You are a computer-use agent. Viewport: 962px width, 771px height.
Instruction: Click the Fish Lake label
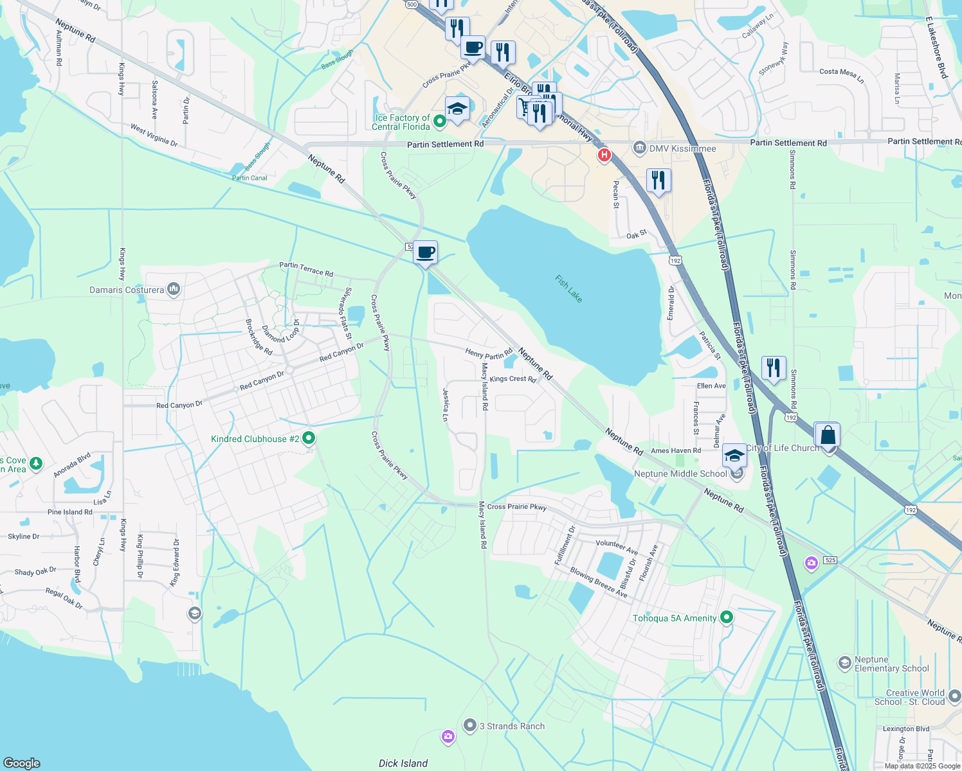click(569, 289)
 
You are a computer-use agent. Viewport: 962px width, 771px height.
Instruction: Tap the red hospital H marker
click(604, 155)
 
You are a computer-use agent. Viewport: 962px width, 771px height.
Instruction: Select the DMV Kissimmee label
click(682, 148)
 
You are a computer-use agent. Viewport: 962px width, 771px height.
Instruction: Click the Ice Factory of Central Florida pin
click(440, 120)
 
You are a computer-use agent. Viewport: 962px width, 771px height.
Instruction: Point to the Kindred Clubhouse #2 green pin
click(309, 438)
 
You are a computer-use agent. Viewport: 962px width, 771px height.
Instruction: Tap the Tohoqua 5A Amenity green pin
click(727, 617)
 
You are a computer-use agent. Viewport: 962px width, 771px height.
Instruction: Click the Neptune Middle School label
click(680, 474)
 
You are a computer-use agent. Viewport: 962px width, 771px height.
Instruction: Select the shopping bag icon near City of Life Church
click(828, 436)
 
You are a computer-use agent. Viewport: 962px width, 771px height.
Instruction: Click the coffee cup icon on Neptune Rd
click(425, 253)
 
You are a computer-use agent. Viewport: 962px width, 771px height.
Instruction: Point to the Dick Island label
click(403, 763)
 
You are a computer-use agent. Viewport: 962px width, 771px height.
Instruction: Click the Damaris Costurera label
click(127, 290)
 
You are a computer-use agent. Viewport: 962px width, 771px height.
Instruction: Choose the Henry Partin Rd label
click(489, 353)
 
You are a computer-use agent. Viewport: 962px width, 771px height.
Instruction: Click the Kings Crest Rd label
click(513, 379)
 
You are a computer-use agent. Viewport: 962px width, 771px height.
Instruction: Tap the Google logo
click(22, 763)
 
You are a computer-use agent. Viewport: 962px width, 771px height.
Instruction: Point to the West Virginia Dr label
click(154, 136)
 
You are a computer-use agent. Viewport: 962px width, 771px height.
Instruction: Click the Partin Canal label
click(250, 178)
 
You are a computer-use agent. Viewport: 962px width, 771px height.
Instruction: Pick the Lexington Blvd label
click(906, 729)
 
